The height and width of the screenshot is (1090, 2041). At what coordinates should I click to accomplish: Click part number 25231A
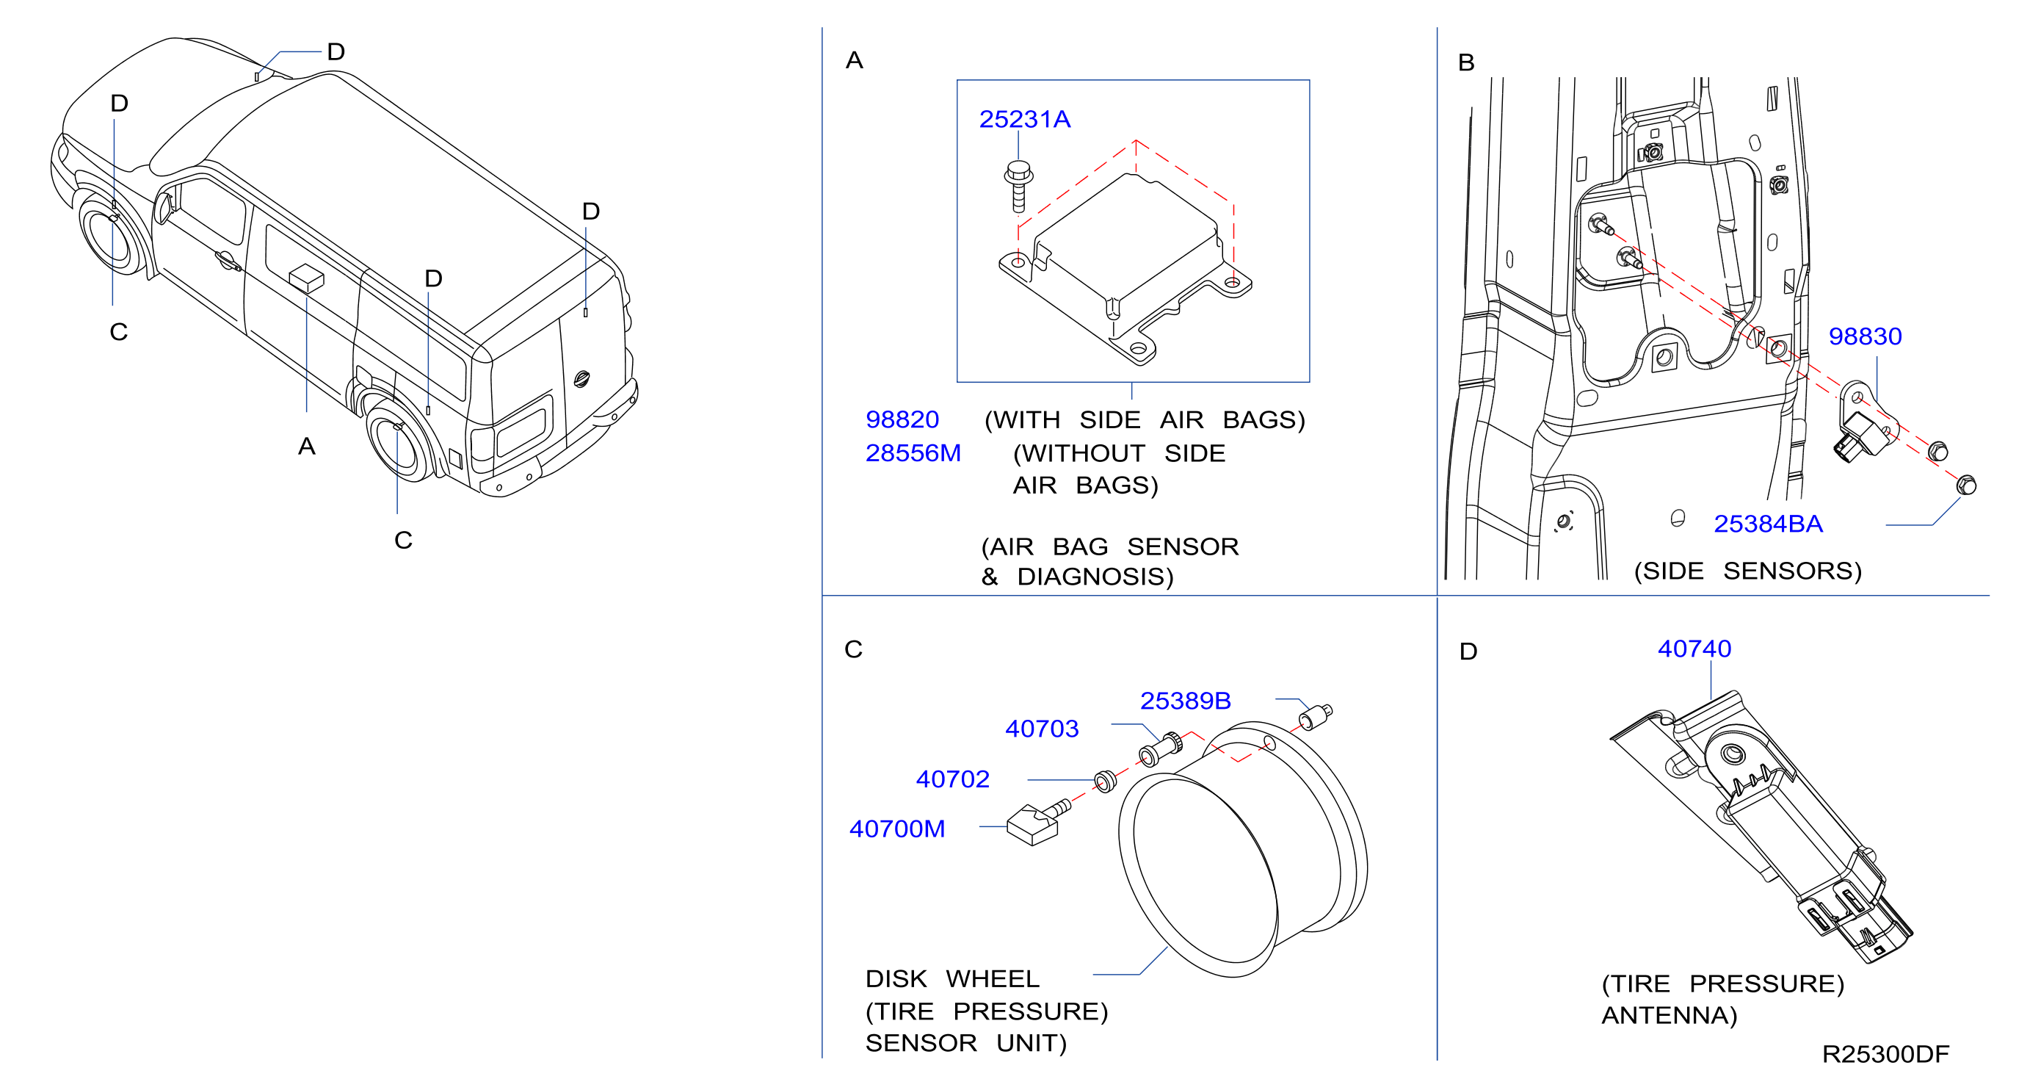pyautogui.click(x=1024, y=119)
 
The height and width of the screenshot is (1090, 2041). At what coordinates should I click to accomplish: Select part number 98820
pyautogui.click(x=902, y=419)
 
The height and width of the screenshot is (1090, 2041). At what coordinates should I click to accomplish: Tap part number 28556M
pyautogui.click(x=913, y=452)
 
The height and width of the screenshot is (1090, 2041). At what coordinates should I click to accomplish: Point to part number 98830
pyautogui.click(x=1864, y=336)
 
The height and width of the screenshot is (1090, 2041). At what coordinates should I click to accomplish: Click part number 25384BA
pyautogui.click(x=1768, y=523)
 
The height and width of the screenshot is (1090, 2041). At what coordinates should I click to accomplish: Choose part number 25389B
pyautogui.click(x=1185, y=701)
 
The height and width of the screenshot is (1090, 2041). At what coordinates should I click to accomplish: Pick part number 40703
pyautogui.click(x=1042, y=729)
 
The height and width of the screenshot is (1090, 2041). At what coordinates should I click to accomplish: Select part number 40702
pyautogui.click(x=952, y=779)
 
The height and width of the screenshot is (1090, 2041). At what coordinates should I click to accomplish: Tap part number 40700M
pyautogui.click(x=897, y=829)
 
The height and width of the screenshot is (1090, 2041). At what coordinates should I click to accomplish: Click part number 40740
pyautogui.click(x=1694, y=649)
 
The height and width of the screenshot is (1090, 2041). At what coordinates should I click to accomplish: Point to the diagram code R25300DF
pyautogui.click(x=1885, y=1054)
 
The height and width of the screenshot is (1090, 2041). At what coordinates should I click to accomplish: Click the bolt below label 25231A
pyautogui.click(x=1019, y=187)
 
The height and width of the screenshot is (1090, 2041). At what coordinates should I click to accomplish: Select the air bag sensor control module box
pyautogui.click(x=1125, y=268)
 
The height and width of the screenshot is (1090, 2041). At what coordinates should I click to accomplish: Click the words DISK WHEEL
pyautogui.click(x=951, y=979)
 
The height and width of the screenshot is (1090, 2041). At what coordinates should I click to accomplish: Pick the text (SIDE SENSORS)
pyautogui.click(x=1748, y=571)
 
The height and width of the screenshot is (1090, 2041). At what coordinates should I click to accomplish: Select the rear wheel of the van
pyautogui.click(x=400, y=442)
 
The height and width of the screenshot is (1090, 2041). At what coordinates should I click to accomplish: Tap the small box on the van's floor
pyautogui.click(x=307, y=278)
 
